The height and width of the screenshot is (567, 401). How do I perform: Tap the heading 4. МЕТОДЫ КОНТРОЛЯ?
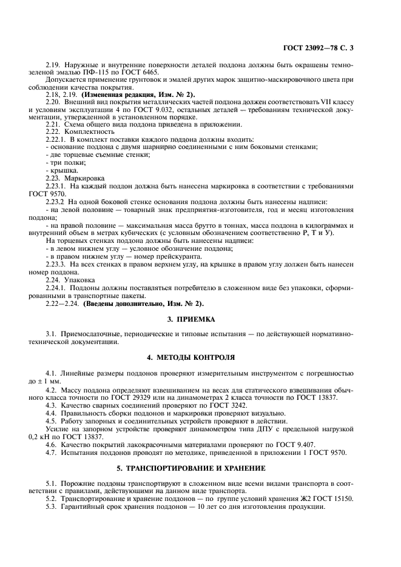point(200,358)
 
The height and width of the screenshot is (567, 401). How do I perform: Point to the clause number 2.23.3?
point(56,264)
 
